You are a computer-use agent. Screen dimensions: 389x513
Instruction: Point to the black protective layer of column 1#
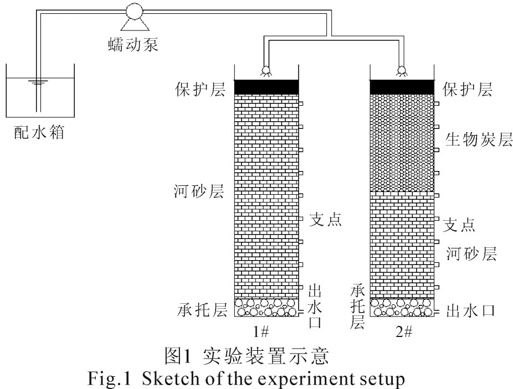pyautogui.click(x=266, y=87)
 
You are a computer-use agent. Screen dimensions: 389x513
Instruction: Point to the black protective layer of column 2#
pyautogui.click(x=402, y=87)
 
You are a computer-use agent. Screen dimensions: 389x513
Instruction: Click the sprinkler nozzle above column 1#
pyautogui.click(x=266, y=70)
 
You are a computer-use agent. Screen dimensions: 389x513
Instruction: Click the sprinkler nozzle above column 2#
pyautogui.click(x=402, y=70)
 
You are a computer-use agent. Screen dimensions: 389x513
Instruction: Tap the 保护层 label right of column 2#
pyautogui.click(x=468, y=89)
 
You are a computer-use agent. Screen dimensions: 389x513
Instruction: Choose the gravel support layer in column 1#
pyautogui.click(x=266, y=308)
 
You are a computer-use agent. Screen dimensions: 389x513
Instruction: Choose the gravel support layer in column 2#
pyautogui.click(x=402, y=308)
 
